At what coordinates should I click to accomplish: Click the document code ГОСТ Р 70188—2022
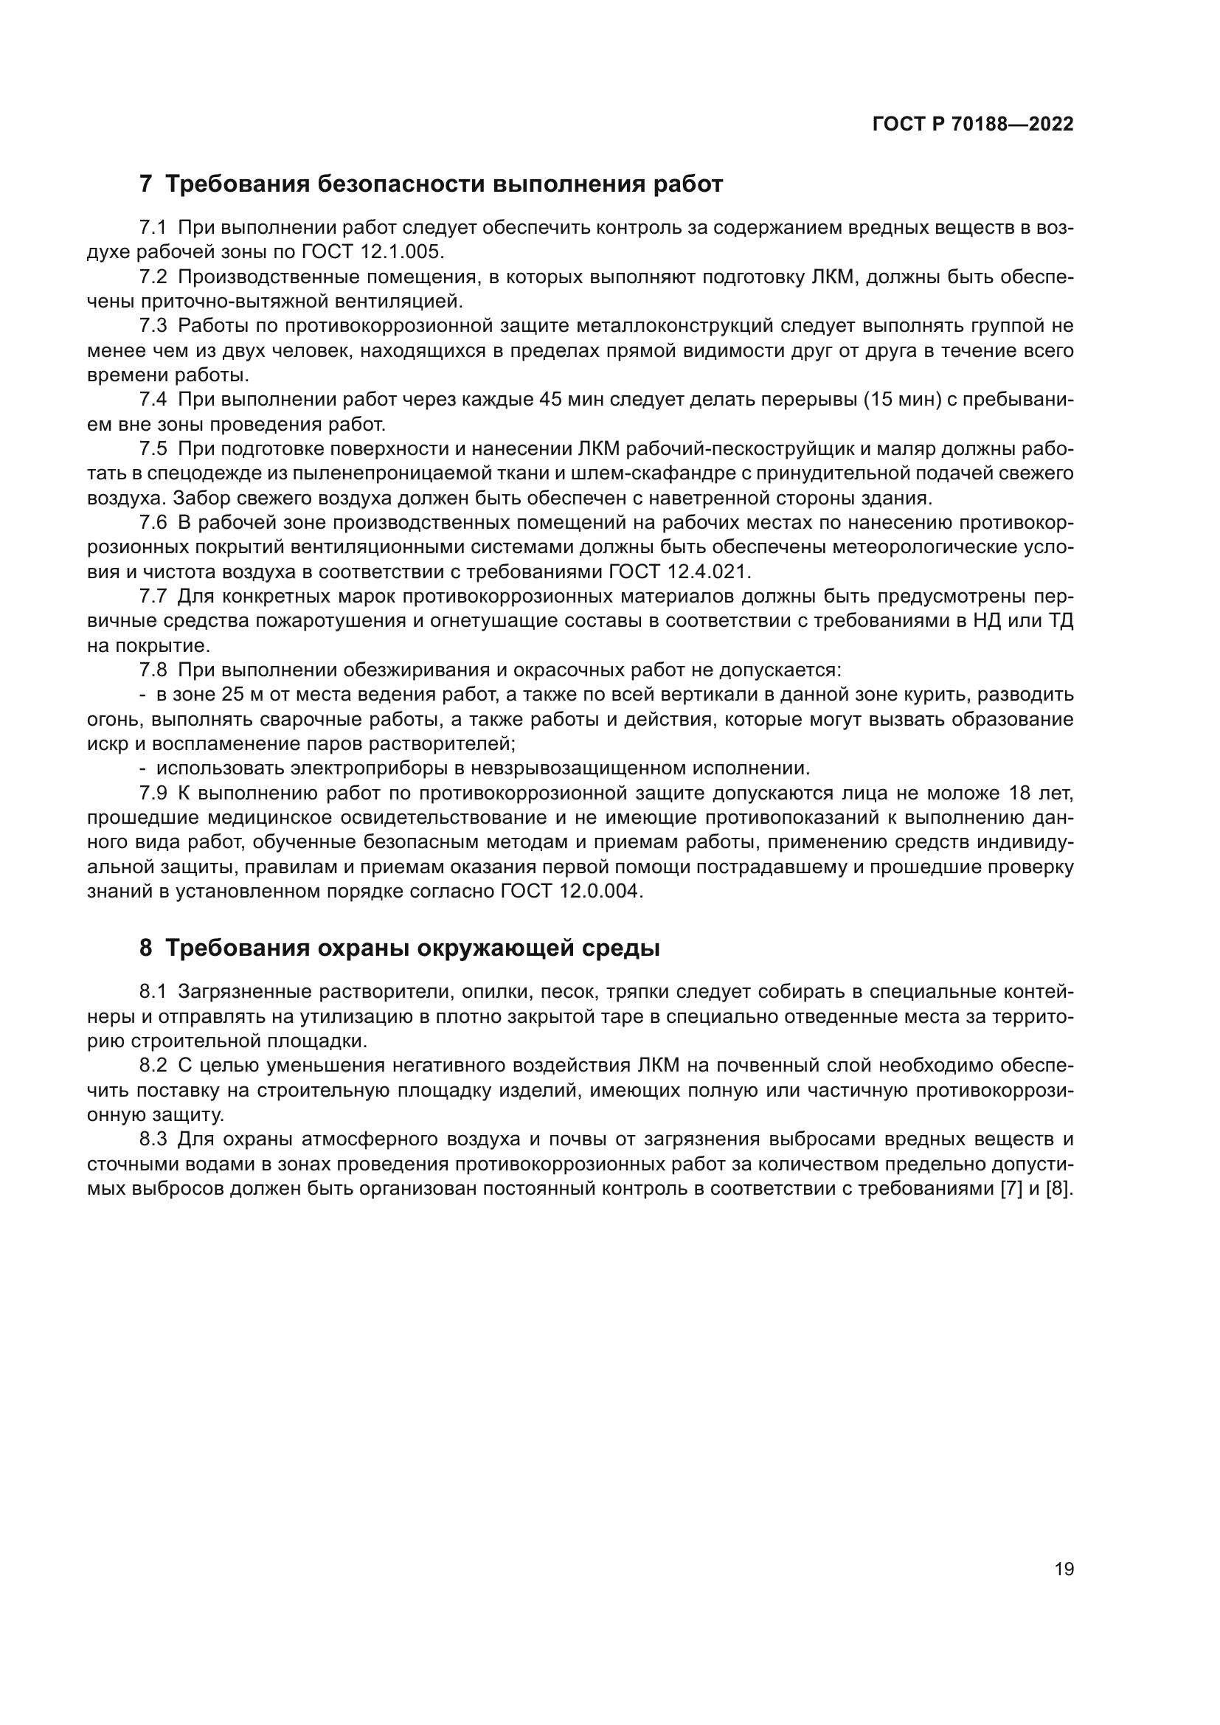pyautogui.click(x=973, y=125)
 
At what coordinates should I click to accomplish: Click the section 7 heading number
pyautogui.click(x=146, y=184)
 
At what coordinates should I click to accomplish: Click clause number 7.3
pyautogui.click(x=153, y=326)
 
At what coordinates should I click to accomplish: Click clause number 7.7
pyautogui.click(x=153, y=597)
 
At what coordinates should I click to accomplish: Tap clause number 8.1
pyautogui.click(x=153, y=992)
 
